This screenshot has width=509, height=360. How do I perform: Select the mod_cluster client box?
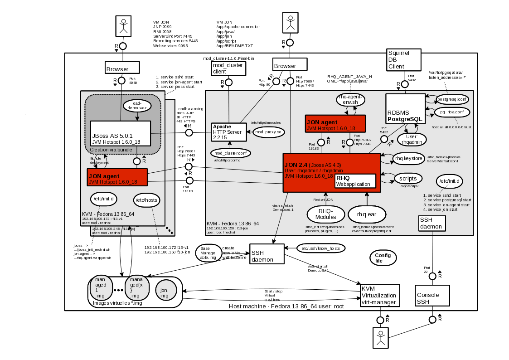(x=228, y=68)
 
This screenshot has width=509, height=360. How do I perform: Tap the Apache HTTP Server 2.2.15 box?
(x=228, y=131)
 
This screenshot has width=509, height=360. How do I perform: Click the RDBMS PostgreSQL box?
(x=405, y=109)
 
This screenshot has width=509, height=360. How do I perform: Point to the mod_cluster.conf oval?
(x=230, y=153)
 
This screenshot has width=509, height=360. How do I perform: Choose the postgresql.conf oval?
(x=452, y=99)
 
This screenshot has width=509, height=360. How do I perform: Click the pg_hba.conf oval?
(x=451, y=112)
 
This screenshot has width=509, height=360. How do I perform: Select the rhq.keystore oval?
(x=409, y=158)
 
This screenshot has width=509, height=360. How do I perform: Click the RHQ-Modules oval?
(x=325, y=214)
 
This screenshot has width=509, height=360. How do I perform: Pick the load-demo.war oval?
(x=137, y=106)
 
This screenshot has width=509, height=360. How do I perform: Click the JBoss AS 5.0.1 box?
(x=121, y=133)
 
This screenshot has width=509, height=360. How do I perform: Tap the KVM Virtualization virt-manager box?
(x=380, y=296)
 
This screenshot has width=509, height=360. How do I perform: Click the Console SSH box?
(x=432, y=298)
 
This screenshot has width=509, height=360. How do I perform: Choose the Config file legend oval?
(x=383, y=258)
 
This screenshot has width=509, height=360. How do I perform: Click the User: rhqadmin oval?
(x=412, y=139)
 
